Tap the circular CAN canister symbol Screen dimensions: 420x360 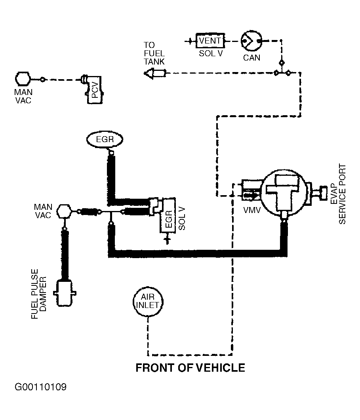(x=251, y=41)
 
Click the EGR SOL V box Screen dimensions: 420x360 (x=168, y=215)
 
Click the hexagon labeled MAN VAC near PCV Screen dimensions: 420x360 (x=23, y=79)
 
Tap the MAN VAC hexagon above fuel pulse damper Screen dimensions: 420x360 (x=64, y=211)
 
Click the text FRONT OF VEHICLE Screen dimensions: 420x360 (x=190, y=368)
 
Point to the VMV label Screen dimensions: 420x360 (x=252, y=211)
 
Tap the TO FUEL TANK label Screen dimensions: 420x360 (x=154, y=53)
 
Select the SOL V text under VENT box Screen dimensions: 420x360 (x=210, y=53)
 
